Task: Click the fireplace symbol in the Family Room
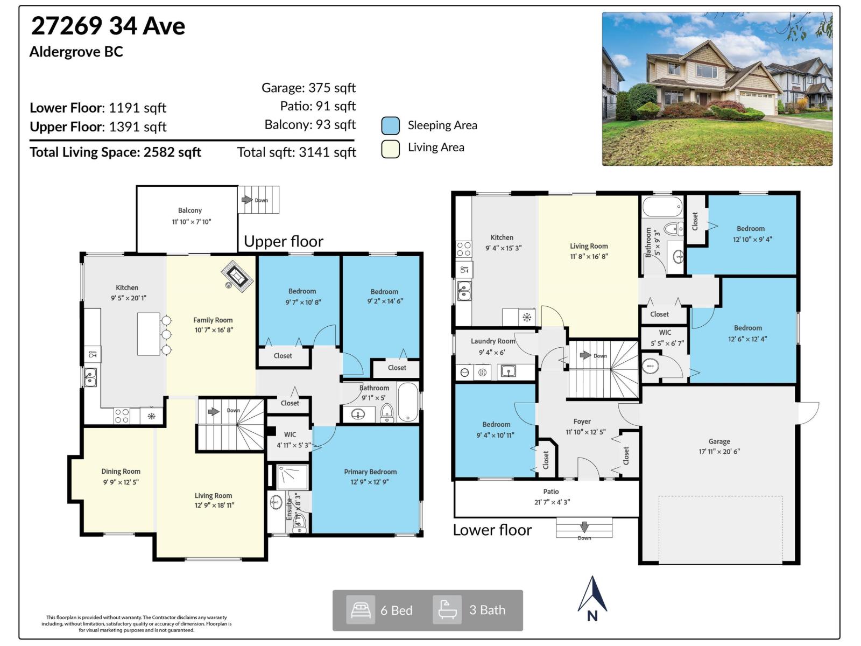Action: tap(237, 276)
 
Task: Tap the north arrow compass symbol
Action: tap(592, 598)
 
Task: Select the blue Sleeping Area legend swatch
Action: tap(391, 125)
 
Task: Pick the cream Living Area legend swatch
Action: tap(391, 149)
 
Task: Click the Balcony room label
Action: tap(190, 210)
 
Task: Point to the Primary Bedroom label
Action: tap(370, 472)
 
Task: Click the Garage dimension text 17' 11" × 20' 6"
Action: tap(719, 452)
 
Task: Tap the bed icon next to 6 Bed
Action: tap(360, 610)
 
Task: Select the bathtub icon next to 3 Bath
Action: tap(447, 610)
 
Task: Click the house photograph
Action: tap(717, 89)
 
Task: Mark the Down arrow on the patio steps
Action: tap(584, 526)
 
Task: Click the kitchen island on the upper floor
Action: tap(149, 334)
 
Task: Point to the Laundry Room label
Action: tap(493, 341)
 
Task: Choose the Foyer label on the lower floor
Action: tap(582, 422)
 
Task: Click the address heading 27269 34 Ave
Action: tap(108, 26)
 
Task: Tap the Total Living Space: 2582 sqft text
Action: tap(115, 152)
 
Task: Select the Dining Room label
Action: tap(121, 471)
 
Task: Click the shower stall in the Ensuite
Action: tap(293, 476)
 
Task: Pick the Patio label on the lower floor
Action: tap(551, 491)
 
